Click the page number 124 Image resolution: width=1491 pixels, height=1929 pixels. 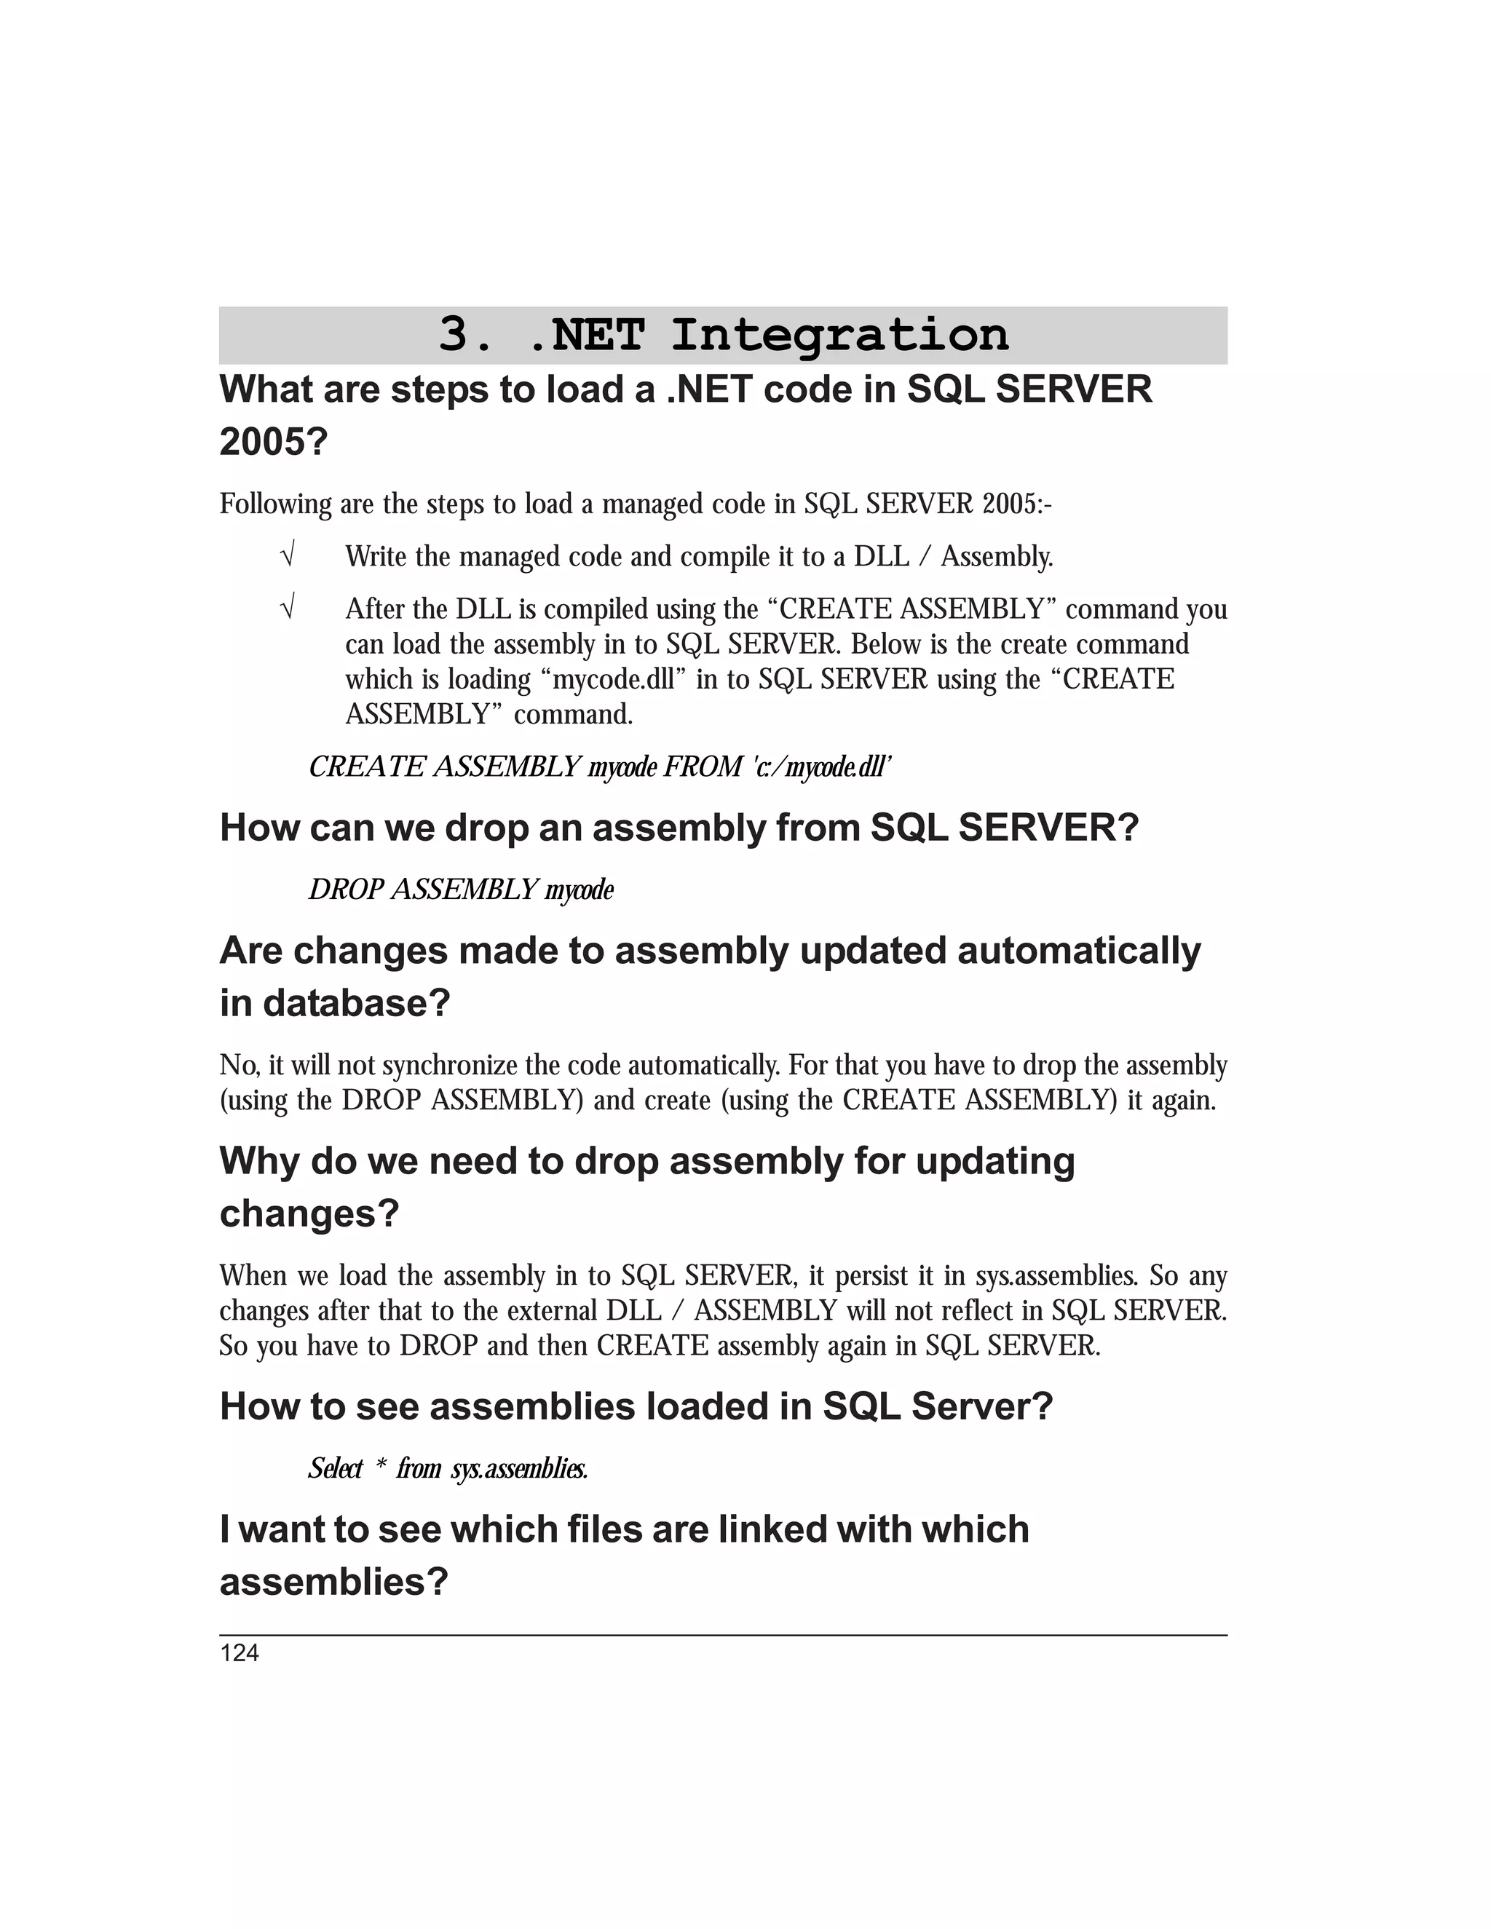240,1653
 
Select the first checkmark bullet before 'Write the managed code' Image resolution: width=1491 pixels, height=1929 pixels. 286,556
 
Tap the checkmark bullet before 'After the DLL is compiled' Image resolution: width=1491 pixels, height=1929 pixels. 286,609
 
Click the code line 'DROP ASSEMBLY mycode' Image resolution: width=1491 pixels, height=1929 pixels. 460,889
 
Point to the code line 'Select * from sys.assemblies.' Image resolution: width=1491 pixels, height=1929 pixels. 448,1468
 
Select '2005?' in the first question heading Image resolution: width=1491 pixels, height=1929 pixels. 273,442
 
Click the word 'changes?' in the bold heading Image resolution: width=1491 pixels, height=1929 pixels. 309,1213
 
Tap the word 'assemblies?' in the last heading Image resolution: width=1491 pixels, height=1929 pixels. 334,1582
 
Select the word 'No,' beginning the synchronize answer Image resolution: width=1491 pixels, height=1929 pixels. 240,1065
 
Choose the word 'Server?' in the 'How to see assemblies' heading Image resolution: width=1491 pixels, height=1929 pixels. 981,1406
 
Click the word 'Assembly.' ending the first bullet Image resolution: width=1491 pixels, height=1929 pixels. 997,556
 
